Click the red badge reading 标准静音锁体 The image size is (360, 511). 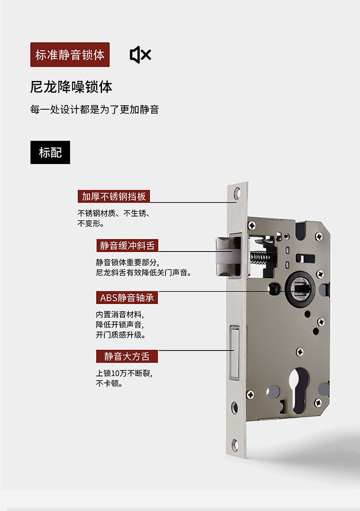70,55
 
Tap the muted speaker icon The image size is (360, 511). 140,55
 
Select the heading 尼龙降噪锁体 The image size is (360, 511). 71,87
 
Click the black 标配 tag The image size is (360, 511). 50,153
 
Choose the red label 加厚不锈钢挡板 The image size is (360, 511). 114,196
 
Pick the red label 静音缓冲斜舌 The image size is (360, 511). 127,246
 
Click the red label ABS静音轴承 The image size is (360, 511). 127,297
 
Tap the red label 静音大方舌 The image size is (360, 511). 127,356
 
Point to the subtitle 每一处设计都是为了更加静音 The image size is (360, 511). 94,109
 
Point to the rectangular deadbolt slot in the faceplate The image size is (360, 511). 234,353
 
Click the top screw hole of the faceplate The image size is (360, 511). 237,193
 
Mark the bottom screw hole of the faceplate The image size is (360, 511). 235,445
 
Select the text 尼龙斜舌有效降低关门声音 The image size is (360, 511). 144,273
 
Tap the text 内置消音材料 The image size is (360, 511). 120,314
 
